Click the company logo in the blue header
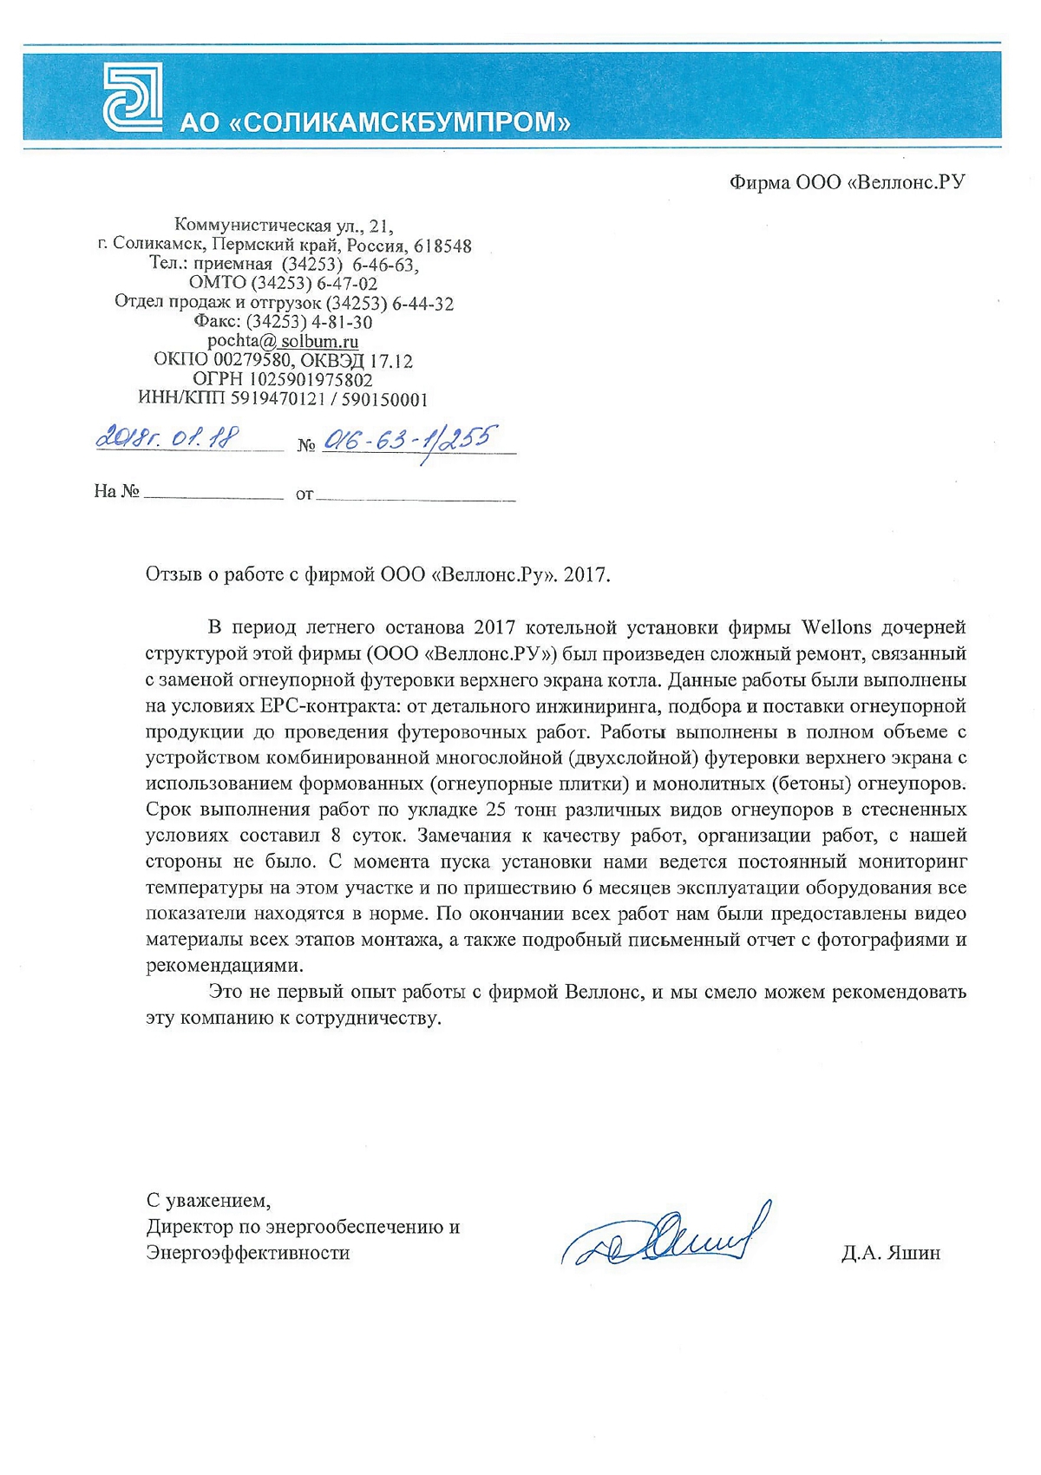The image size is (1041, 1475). (x=133, y=97)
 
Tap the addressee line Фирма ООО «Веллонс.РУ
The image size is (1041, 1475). (x=847, y=182)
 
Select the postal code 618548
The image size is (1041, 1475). (x=442, y=246)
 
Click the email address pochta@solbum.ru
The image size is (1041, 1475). (x=283, y=341)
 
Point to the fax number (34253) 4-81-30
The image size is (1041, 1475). (x=310, y=322)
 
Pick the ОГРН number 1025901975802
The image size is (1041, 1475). (x=311, y=379)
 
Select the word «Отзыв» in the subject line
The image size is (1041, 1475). (x=173, y=574)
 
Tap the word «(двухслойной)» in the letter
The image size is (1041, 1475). (x=634, y=757)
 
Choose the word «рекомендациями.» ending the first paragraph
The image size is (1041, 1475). (x=225, y=966)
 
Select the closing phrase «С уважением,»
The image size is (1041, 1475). (x=208, y=1201)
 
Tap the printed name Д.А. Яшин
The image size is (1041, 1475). (x=890, y=1253)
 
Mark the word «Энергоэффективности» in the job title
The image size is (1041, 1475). (x=248, y=1253)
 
